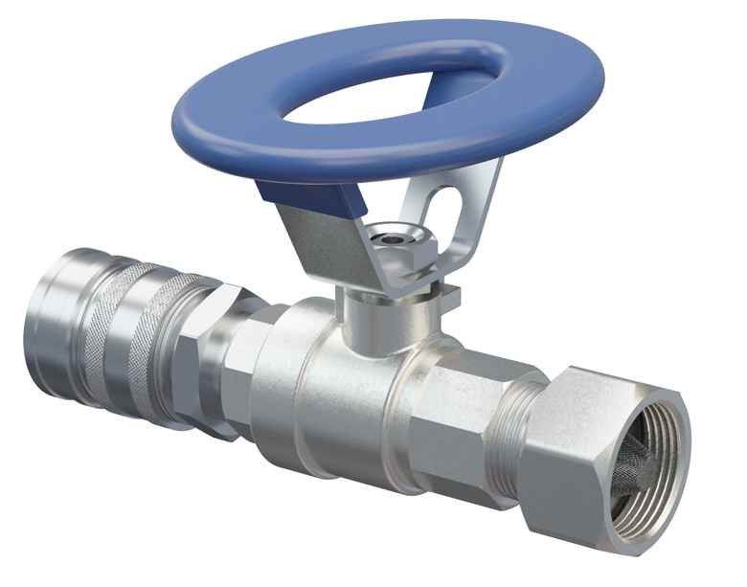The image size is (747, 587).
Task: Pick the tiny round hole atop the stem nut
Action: pos(391,231)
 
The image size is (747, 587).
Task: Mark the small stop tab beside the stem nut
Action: pos(446,293)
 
